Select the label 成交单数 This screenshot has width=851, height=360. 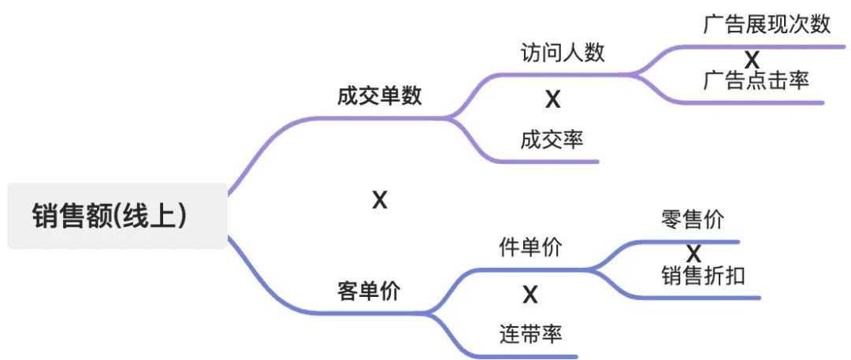coord(379,96)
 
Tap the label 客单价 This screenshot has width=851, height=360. coord(369,291)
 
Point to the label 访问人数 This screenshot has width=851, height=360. coord(563,52)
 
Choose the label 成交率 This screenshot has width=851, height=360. coord(552,140)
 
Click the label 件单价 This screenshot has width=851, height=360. coord(530,247)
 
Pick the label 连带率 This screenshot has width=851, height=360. coord(530,334)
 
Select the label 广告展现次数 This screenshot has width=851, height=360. coord(767,24)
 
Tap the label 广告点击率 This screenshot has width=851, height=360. coord(756,80)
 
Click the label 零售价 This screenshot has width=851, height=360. coord(693,219)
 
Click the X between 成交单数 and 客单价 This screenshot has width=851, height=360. coord(380,201)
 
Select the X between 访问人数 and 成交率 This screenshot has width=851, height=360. coord(552,100)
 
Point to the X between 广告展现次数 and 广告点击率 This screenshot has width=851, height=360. coord(753,60)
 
